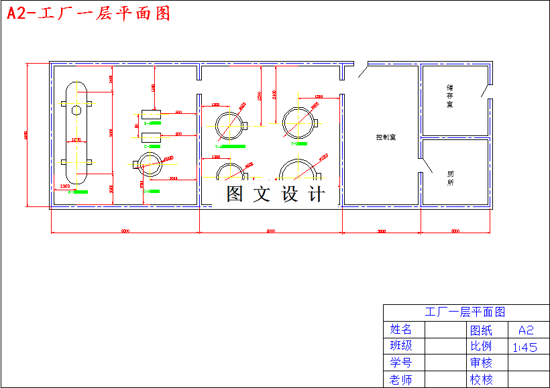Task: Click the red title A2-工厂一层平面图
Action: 89,13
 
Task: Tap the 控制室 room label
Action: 386,137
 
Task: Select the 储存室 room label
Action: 450,96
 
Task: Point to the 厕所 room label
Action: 450,178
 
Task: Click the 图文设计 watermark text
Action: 276,194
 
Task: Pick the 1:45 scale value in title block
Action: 525,347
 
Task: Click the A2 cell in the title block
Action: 525,330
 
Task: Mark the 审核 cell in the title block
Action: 481,363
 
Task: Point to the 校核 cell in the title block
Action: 481,380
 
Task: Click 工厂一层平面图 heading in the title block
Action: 465,312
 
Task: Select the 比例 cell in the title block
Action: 481,346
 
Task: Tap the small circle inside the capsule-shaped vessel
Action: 76,109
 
